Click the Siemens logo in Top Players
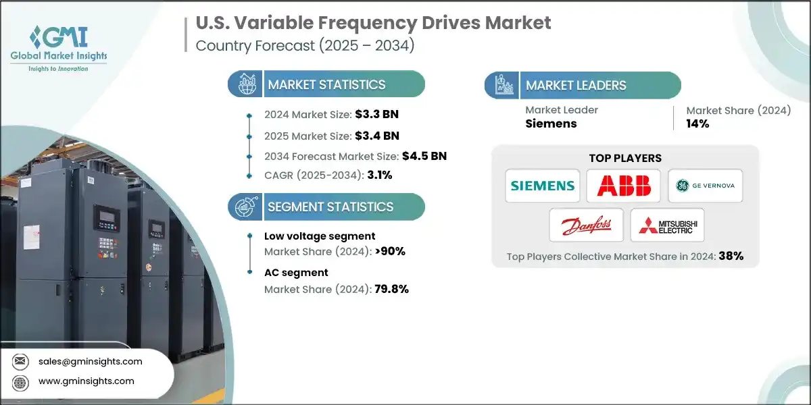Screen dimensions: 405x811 (x=542, y=186)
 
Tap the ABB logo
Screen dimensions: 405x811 (x=623, y=186)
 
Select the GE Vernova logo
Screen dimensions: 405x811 (x=705, y=186)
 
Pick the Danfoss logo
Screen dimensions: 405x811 (x=586, y=225)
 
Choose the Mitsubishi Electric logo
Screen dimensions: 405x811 (x=666, y=225)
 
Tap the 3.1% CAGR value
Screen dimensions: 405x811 (x=379, y=175)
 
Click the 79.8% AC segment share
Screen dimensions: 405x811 (x=387, y=289)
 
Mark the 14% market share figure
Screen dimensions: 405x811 (x=697, y=124)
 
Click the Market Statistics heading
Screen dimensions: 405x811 (x=326, y=84)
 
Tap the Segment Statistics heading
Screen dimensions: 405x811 (x=330, y=207)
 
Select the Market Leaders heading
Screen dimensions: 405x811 (x=576, y=85)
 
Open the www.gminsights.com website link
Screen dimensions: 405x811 (x=86, y=381)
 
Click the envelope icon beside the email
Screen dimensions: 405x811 (x=22, y=362)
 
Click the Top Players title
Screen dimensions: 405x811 (x=625, y=159)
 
